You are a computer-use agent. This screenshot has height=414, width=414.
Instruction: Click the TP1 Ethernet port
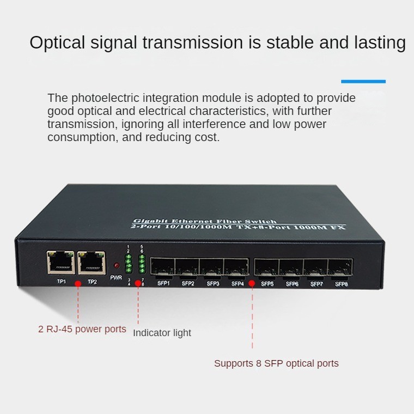[x=61, y=262]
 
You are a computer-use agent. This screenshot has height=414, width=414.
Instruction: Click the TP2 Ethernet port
[x=92, y=263]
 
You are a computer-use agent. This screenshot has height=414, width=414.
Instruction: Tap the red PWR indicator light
[x=116, y=265]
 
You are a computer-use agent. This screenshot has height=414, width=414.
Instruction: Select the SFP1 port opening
[x=162, y=267]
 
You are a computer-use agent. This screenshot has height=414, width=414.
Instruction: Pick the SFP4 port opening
[x=236, y=267]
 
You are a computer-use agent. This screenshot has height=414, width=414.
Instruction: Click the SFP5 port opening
[x=266, y=267]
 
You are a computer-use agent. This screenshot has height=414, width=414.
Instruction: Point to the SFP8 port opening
[x=340, y=267]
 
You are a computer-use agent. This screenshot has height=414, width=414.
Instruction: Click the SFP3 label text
[x=213, y=284]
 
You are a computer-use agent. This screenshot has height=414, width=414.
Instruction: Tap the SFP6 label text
[x=292, y=284]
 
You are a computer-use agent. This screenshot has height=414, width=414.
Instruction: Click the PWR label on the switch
[x=116, y=277]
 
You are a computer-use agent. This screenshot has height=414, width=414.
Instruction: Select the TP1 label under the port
[x=61, y=282]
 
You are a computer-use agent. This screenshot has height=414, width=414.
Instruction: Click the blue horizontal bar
[x=363, y=82]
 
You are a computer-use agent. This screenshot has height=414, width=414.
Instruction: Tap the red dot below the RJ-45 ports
[x=78, y=284]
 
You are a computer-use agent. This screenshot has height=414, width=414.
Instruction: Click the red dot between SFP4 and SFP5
[x=252, y=284]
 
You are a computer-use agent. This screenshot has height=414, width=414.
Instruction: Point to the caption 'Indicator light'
[x=162, y=333]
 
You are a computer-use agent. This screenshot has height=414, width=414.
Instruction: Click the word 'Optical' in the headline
[x=57, y=43]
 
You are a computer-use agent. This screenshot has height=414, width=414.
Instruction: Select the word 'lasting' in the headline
[x=380, y=43]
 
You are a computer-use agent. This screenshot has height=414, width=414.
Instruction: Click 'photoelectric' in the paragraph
[x=105, y=98]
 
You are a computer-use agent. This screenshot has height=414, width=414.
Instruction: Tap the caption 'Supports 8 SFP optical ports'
[x=276, y=363]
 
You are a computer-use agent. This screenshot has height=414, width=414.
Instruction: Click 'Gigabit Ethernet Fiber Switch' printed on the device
[x=205, y=221]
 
